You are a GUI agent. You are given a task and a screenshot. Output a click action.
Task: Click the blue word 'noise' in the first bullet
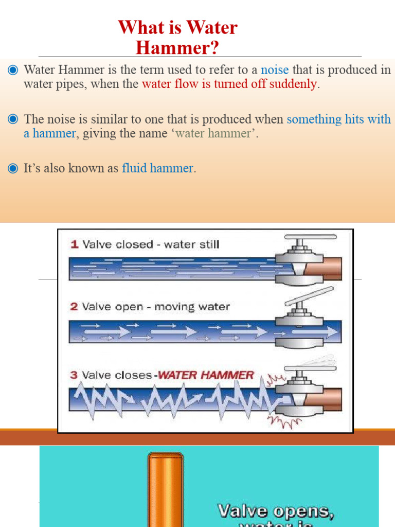pyautogui.click(x=275, y=70)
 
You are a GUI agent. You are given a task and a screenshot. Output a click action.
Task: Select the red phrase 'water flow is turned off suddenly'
pyautogui.click(x=229, y=84)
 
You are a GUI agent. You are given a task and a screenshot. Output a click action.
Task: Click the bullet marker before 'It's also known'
pyautogui.click(x=13, y=168)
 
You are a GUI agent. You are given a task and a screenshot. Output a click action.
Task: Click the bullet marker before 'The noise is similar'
pyautogui.click(x=13, y=119)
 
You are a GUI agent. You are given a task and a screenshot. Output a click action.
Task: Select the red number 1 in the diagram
pyautogui.click(x=74, y=244)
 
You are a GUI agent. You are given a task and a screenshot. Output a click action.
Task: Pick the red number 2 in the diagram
pyautogui.click(x=74, y=307)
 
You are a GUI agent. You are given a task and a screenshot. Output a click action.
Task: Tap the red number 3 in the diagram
pyautogui.click(x=74, y=375)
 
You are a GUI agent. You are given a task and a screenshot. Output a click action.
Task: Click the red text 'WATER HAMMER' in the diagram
pyautogui.click(x=206, y=375)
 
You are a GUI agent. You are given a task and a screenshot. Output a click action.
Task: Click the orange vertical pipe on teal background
pyautogui.click(x=166, y=489)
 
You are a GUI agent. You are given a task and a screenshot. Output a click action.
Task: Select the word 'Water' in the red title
pyautogui.click(x=212, y=27)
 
